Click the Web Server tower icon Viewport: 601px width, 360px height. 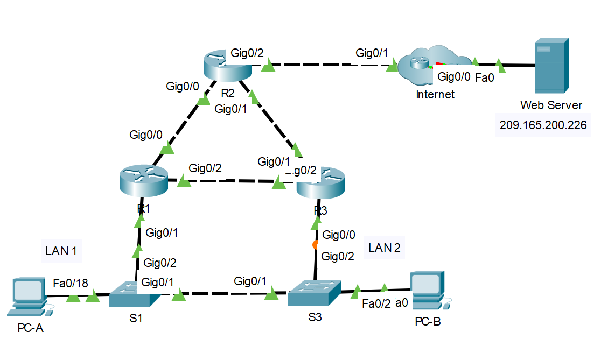pos(550,66)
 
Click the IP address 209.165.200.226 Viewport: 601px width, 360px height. pos(543,125)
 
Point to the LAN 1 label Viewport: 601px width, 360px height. pos(61,250)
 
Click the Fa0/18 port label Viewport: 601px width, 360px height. pos(71,284)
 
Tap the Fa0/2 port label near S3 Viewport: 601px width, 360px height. pos(376,304)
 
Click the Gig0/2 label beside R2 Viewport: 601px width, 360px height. pos(247,53)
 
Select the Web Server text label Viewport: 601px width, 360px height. pos(551,104)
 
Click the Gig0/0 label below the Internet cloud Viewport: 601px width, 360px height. pos(453,77)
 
